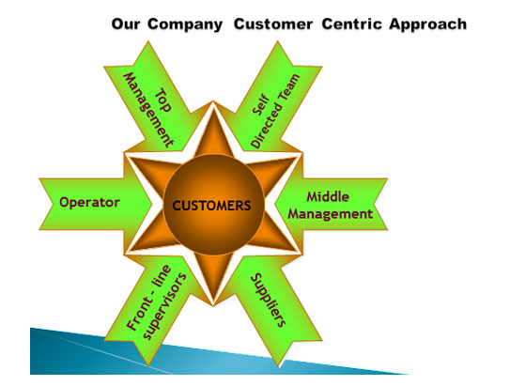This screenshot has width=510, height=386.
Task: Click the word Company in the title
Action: [x=185, y=24]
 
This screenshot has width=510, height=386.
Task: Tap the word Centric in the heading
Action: [x=351, y=24]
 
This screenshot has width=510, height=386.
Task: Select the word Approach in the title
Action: [x=427, y=24]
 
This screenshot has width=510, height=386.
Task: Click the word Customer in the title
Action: [x=273, y=24]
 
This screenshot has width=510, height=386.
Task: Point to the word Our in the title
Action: [x=126, y=24]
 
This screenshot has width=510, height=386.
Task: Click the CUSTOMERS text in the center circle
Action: [x=211, y=206]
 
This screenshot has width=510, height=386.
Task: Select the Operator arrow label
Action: [x=89, y=203]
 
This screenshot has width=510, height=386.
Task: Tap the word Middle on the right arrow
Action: [x=328, y=196]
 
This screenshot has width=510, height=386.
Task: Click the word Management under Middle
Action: [x=330, y=214]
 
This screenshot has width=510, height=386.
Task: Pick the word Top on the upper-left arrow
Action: [x=163, y=100]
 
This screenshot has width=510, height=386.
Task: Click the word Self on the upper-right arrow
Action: [x=261, y=105]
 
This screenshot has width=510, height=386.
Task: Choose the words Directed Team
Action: [x=276, y=111]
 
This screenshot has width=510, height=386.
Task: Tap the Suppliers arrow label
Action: [x=269, y=300]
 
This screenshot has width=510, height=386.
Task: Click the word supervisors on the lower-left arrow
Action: [x=164, y=307]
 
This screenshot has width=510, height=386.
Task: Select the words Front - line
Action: [x=148, y=298]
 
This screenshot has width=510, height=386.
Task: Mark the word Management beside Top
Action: [x=148, y=110]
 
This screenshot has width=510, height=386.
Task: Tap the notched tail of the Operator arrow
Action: [x=52, y=204]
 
